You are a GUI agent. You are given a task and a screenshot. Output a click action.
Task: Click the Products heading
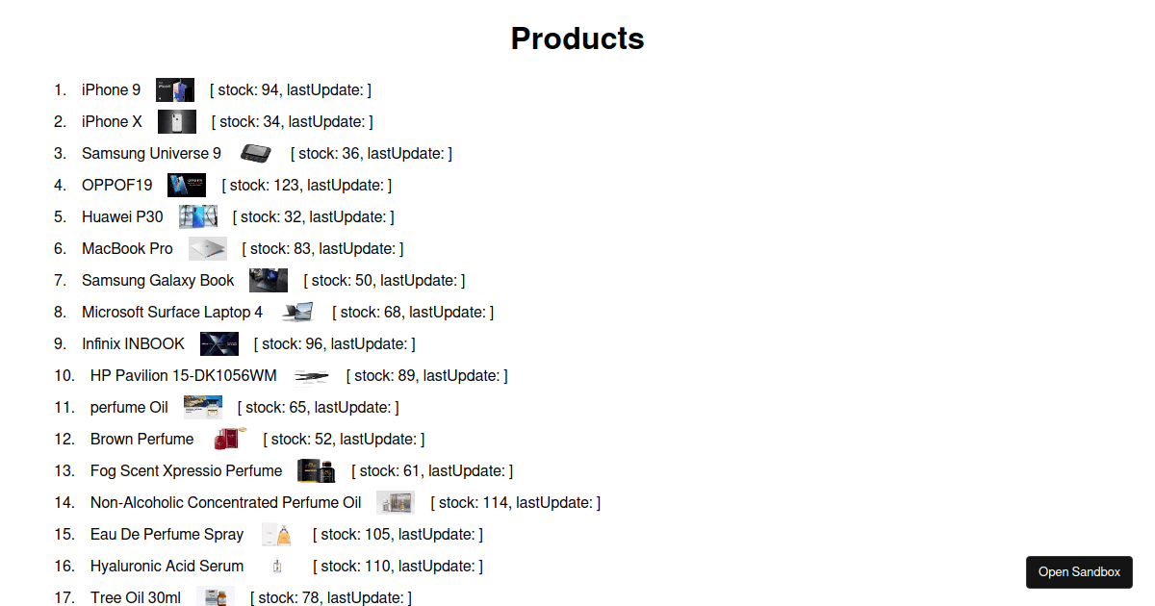577,38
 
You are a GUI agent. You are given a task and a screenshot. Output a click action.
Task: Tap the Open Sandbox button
1079,572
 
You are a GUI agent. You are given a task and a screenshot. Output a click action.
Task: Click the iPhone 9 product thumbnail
175,89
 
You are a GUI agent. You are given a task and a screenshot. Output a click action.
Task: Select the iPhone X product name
112,121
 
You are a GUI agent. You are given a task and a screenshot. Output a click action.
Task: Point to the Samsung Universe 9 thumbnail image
256,153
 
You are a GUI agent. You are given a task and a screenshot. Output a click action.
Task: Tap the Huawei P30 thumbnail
198,216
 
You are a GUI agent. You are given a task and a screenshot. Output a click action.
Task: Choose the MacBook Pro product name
127,248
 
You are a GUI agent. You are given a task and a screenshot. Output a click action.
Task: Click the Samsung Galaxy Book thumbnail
269,280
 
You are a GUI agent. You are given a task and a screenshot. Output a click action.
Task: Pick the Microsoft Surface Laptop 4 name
172,312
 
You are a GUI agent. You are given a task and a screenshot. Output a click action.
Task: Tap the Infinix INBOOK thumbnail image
219,343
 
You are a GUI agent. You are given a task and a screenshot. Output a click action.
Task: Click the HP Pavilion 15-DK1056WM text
184,376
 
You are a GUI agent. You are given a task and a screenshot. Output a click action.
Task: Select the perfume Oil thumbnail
203,407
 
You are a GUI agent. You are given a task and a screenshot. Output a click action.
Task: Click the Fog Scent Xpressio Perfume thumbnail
317,470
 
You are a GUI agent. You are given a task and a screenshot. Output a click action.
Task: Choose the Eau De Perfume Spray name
167,535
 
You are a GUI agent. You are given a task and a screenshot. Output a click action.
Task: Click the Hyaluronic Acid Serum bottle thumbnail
277,566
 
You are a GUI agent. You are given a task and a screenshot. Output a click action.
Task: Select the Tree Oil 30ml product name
136,597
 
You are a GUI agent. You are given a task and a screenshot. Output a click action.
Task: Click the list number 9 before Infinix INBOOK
60,343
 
